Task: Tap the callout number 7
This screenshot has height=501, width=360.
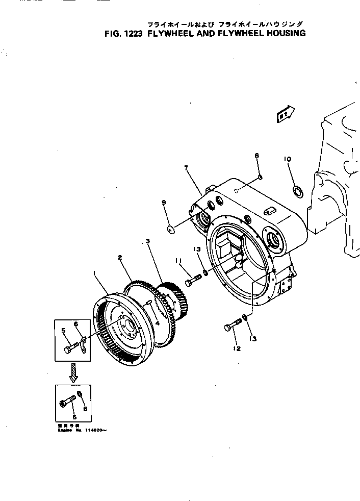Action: point(186,168)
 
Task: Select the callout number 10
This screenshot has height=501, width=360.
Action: point(288,159)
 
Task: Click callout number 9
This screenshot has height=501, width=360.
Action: point(164,203)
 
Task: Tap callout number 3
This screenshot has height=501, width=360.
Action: point(147,241)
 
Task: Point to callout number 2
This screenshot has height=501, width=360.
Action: point(120,258)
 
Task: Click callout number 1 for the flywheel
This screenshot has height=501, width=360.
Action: point(95,273)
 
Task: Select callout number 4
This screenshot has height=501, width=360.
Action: point(158,322)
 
